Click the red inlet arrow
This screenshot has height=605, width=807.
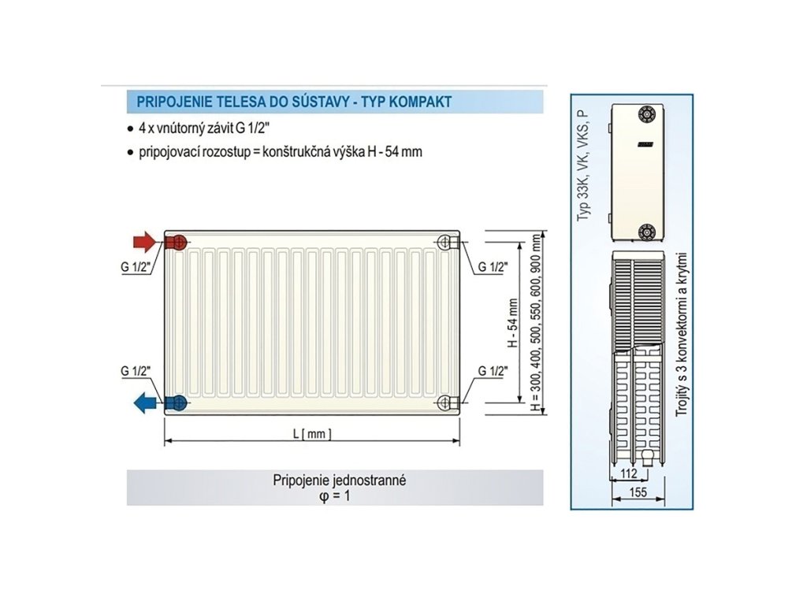click(x=144, y=240)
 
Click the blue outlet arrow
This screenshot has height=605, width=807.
click(x=144, y=404)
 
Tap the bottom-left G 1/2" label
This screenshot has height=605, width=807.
click(x=136, y=371)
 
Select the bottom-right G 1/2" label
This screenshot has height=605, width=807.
click(x=492, y=371)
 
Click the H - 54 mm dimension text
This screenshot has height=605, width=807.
click(x=511, y=323)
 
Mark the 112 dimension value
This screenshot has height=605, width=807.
click(x=627, y=473)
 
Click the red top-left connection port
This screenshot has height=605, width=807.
click(x=177, y=241)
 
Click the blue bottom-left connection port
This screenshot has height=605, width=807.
click(x=177, y=403)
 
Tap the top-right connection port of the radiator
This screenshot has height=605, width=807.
click(x=445, y=241)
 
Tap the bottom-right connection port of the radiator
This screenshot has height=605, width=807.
click(x=445, y=403)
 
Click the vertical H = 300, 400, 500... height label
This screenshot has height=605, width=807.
click(x=537, y=323)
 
